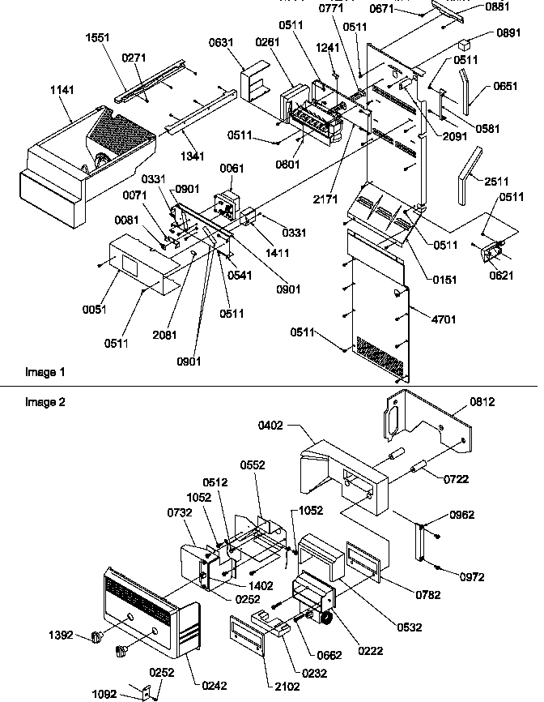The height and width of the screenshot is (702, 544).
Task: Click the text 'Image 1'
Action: pos(45,372)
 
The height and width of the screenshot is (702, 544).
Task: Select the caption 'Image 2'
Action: pos(45,401)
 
